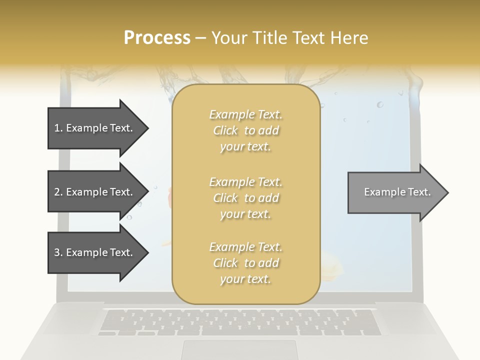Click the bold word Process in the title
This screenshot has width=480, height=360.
pyautogui.click(x=157, y=38)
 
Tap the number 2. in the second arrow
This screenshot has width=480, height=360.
pyautogui.click(x=58, y=192)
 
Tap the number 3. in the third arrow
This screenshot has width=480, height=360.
pyautogui.click(x=58, y=252)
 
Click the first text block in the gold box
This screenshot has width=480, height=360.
pyautogui.click(x=245, y=130)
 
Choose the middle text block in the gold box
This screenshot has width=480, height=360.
pyautogui.click(x=245, y=198)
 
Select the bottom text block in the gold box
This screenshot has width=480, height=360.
pyautogui.click(x=245, y=263)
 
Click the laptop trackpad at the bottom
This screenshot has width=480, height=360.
pyautogui.click(x=239, y=349)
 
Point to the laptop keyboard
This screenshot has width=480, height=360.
pyautogui.click(x=239, y=322)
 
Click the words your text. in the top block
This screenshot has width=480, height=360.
pyautogui.click(x=245, y=147)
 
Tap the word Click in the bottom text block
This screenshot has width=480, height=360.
pyautogui.click(x=225, y=263)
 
